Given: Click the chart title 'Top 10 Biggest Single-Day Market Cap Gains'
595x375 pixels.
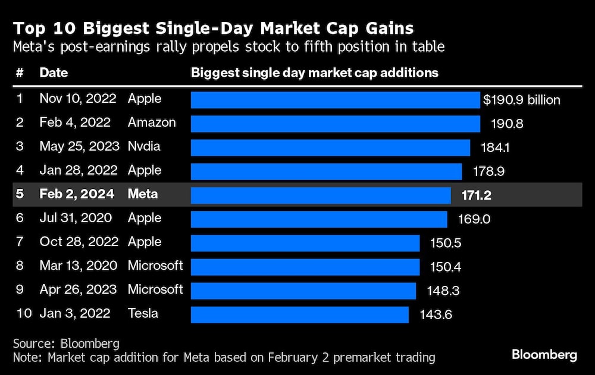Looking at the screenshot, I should [214, 28].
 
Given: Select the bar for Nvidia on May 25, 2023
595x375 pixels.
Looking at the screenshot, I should [330, 147].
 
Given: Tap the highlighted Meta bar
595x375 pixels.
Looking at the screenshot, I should [321, 195].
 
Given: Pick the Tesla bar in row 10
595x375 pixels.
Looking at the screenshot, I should [299, 314].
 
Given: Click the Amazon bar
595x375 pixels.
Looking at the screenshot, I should [335, 124].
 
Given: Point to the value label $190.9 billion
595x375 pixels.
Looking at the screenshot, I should [522, 100].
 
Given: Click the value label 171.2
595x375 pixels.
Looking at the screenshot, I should [476, 195].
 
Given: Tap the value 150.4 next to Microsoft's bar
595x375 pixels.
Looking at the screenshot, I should [445, 266].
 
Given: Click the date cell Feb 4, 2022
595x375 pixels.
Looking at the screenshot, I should [75, 122].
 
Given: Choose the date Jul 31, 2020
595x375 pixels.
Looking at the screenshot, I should [76, 218].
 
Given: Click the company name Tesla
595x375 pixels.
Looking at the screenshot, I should [143, 313].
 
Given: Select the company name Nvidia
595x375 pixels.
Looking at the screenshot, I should [144, 146].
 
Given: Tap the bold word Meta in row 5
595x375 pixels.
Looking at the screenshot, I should [142, 194].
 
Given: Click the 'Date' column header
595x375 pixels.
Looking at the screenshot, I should [54, 73].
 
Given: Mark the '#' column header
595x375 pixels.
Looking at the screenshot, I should [20, 73].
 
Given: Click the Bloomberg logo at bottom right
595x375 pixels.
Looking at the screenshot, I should [544, 355].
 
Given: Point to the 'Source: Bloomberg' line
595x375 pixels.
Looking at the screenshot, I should [66, 344].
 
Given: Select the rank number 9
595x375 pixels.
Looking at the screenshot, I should [20, 289].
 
